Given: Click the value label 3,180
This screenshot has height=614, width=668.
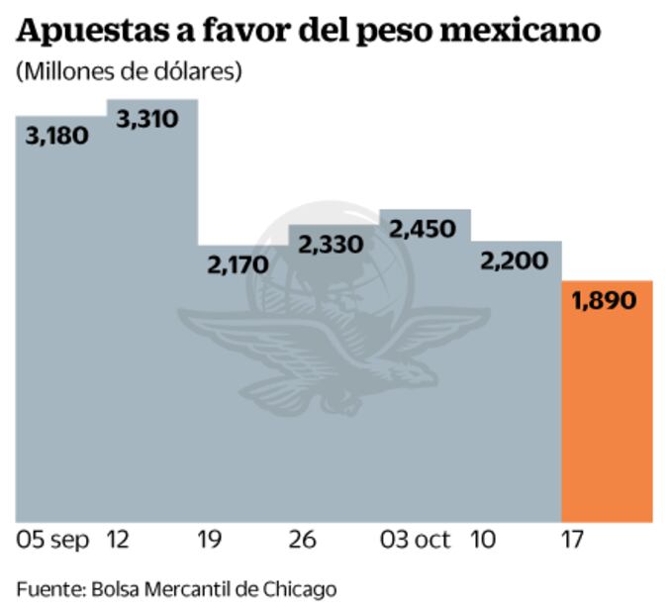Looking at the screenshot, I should click(54, 137).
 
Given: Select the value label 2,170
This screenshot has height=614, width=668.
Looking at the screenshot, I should click(238, 264).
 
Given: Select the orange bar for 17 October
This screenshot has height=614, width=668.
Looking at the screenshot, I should click(607, 416).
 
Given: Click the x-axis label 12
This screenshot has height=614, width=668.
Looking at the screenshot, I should click(117, 540).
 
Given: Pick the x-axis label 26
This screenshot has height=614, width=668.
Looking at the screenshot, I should click(302, 540).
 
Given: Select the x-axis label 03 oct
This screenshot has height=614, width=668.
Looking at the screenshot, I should click(415, 540).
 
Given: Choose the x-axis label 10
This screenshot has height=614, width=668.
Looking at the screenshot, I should click(483, 540).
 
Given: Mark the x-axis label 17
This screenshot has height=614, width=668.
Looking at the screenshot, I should click(572, 540).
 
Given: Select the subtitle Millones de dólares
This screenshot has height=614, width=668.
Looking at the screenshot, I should click(128, 72).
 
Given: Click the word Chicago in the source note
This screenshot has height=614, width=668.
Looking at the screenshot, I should click(299, 589).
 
